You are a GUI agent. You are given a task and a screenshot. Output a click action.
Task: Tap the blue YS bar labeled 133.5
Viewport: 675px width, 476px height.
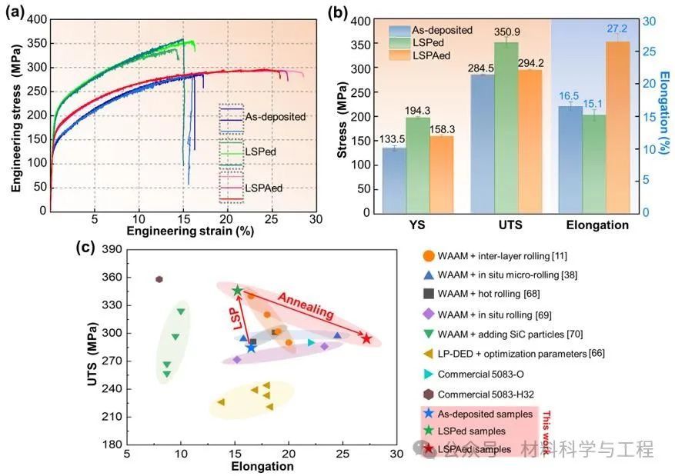394,179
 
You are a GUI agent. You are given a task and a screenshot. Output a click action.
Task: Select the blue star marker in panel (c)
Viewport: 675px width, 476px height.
251,348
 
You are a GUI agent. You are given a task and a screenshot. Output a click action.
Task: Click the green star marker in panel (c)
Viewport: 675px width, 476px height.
238,291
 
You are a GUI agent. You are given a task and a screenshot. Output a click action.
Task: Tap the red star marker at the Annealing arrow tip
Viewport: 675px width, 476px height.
367,339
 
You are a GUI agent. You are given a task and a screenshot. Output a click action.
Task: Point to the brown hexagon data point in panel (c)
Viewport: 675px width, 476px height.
159,279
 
